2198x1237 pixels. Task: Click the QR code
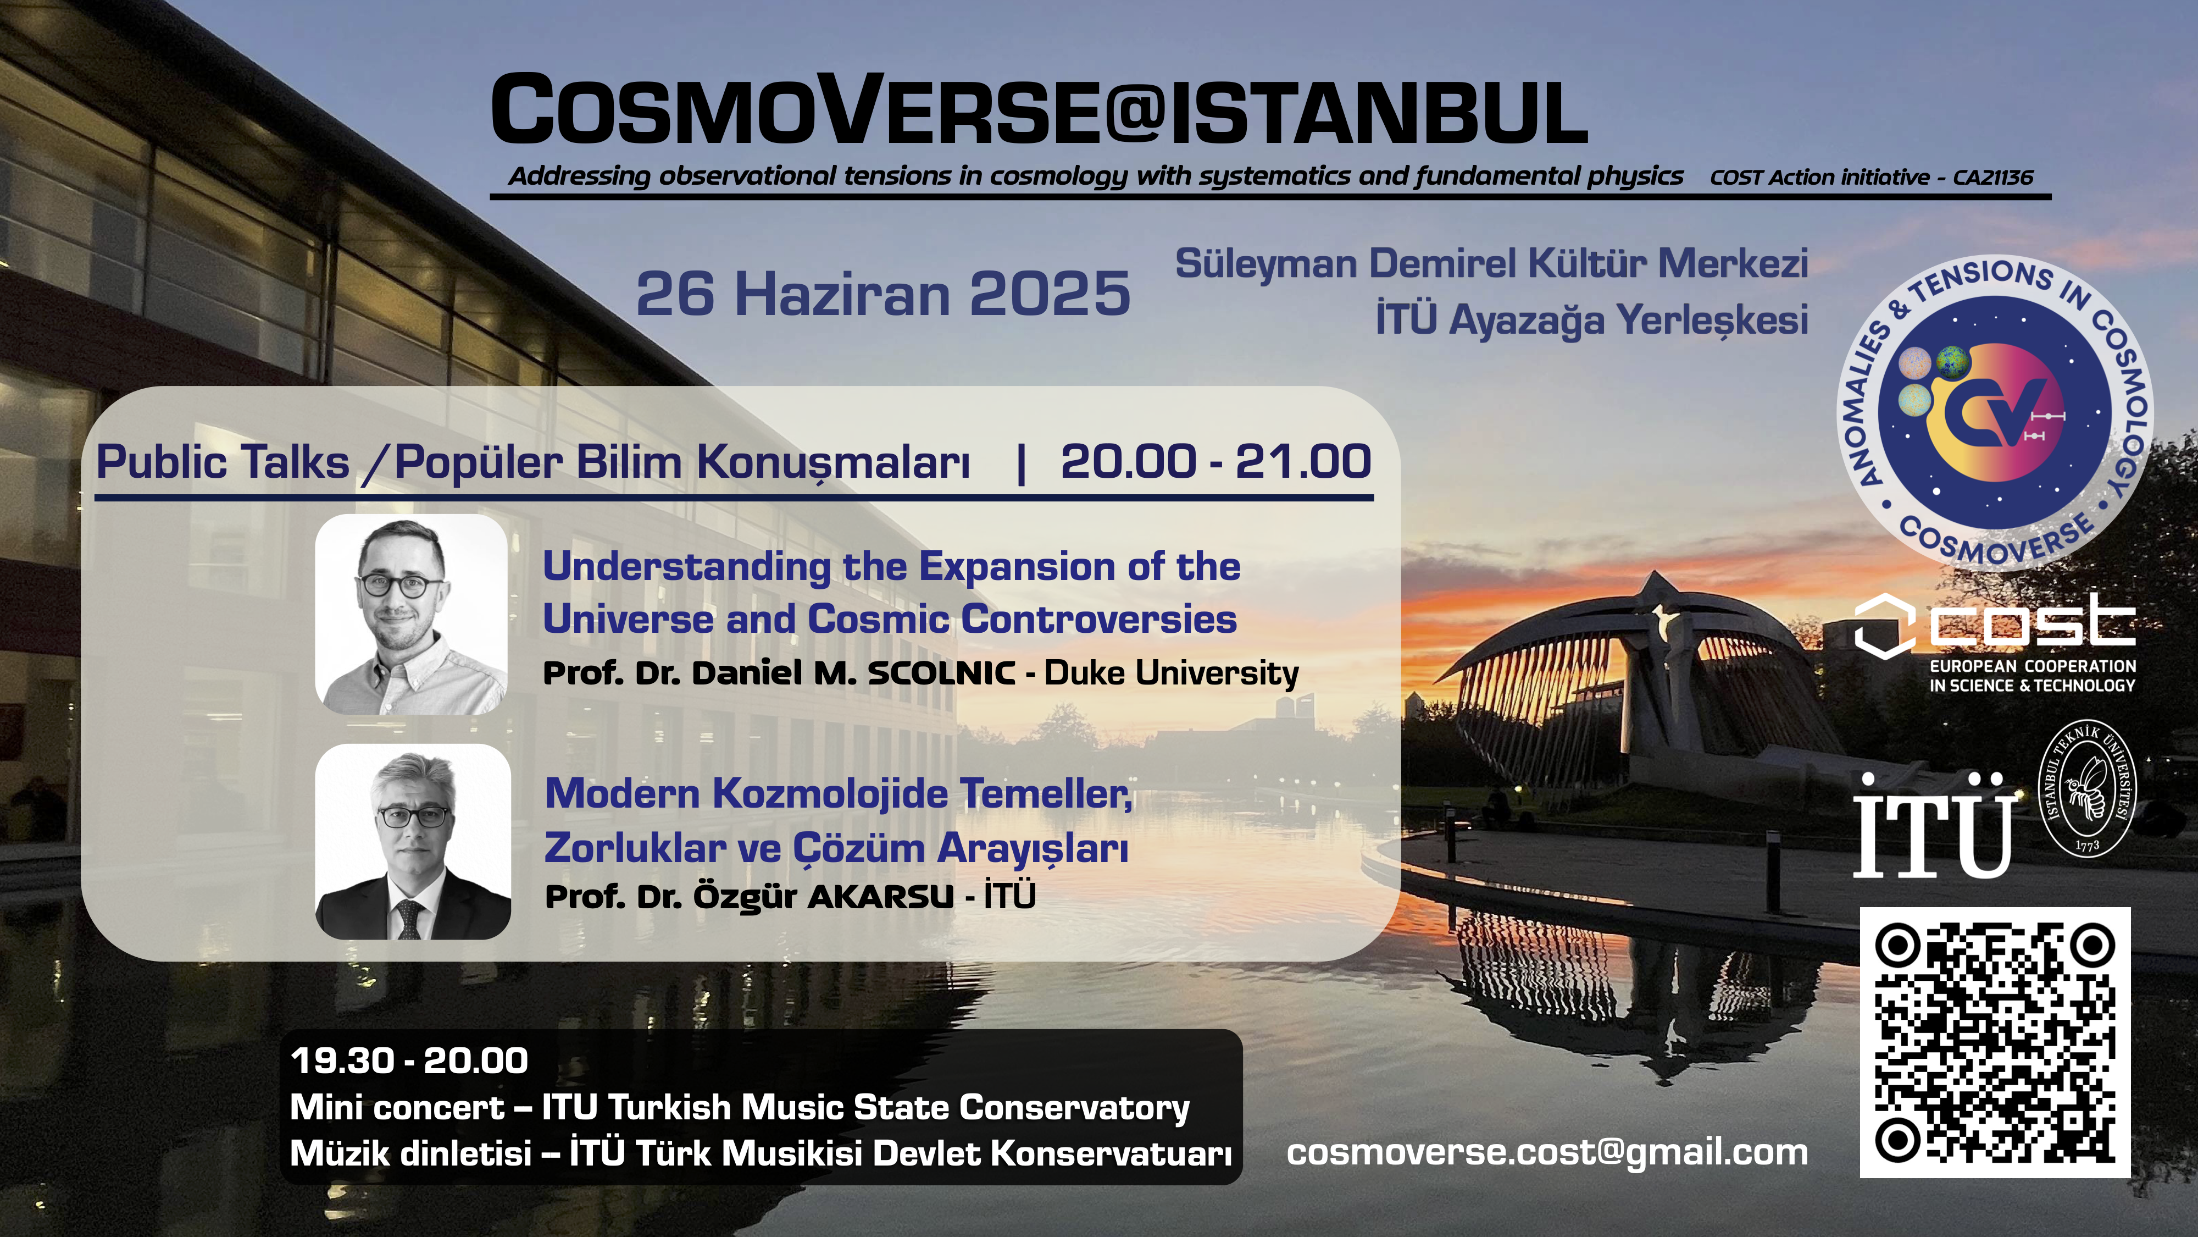tap(1994, 1042)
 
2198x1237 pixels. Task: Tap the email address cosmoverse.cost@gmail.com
tap(1547, 1152)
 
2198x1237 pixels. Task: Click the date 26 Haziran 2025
tap(883, 294)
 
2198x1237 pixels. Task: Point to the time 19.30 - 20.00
tap(409, 1061)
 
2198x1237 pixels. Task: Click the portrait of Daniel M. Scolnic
tap(411, 614)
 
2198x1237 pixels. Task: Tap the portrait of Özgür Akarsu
tap(413, 842)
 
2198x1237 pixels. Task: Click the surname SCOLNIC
tap(941, 673)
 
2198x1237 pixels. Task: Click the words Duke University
tap(1172, 673)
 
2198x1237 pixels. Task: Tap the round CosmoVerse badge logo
tap(1995, 412)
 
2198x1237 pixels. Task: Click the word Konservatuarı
tap(1111, 1153)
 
